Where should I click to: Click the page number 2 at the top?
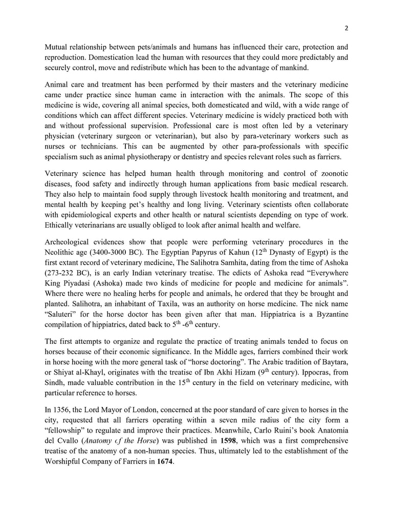point(346,28)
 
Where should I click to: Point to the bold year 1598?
point(231,441)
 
